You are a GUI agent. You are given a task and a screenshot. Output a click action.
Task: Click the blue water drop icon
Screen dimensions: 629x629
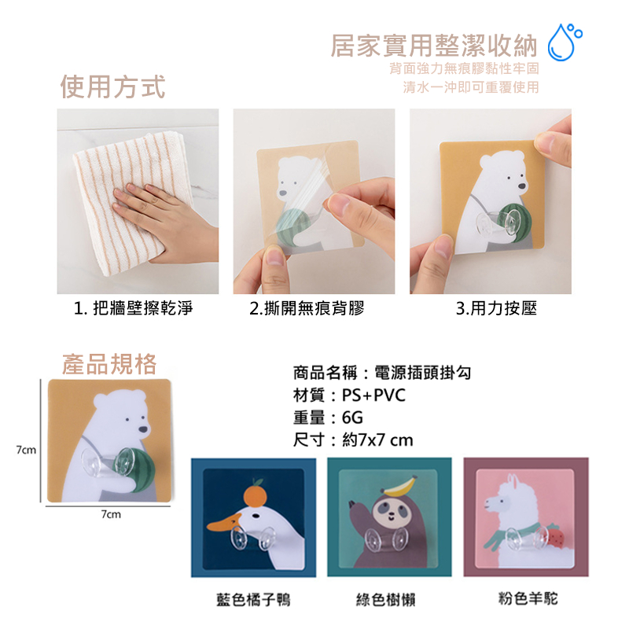564,42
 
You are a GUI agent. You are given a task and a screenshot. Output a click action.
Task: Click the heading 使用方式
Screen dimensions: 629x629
112,86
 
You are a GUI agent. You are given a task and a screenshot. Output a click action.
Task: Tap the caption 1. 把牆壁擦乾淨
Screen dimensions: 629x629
133,308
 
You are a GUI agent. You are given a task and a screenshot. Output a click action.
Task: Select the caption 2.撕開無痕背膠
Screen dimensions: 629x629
307,308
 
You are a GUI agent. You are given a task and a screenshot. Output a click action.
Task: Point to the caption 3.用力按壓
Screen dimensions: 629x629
496,308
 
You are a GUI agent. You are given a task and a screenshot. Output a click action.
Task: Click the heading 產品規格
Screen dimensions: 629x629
109,364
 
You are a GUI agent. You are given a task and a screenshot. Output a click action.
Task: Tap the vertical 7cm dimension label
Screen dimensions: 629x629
26,450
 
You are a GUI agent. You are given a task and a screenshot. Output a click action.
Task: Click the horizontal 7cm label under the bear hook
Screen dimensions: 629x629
111,514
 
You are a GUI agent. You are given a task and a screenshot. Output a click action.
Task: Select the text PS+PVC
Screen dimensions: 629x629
373,395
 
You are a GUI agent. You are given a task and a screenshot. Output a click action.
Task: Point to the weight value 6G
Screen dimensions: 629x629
352,418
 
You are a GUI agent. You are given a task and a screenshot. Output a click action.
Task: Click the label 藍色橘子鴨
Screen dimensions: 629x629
253,600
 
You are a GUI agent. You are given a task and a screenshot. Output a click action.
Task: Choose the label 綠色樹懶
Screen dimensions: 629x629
385,600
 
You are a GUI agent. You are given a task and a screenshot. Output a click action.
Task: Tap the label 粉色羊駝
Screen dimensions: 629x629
528,598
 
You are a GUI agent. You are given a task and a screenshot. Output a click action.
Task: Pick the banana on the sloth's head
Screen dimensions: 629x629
399,485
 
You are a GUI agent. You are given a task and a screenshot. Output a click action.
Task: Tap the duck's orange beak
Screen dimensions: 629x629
223,524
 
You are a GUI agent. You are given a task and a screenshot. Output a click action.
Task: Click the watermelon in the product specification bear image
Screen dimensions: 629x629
138,470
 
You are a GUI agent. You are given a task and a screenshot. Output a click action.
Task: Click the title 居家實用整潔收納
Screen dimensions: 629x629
434,46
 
